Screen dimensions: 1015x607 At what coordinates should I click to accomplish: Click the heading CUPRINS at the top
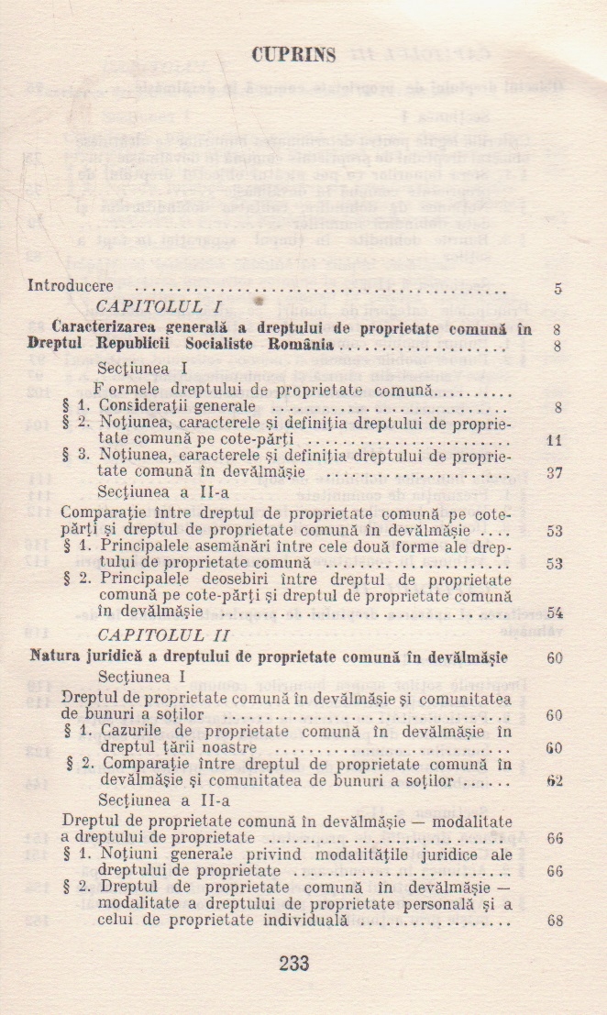[293, 56]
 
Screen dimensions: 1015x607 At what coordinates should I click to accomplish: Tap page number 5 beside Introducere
[557, 288]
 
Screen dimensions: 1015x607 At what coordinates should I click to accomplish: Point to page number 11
[553, 441]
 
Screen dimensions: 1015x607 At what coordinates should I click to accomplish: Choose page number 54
[554, 612]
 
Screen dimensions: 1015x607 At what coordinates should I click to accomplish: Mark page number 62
[554, 781]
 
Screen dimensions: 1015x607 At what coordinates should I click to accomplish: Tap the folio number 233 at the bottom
[293, 964]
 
